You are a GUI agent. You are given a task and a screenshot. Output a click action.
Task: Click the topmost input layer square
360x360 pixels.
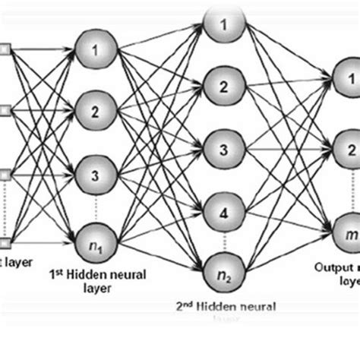tap(5, 51)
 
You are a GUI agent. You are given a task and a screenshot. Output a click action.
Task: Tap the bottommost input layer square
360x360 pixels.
tap(5, 243)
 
